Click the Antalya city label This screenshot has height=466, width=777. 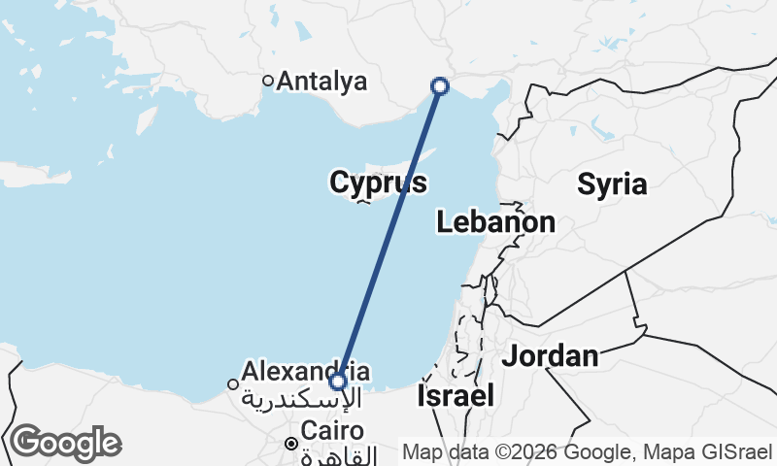click(x=321, y=82)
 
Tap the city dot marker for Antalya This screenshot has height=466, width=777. click(x=269, y=81)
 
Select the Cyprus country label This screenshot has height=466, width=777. click(x=378, y=183)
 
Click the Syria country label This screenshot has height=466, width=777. click(x=612, y=184)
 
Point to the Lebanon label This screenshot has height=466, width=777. click(x=495, y=222)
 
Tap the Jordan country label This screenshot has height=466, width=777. click(x=550, y=356)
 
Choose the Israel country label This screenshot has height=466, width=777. click(x=456, y=396)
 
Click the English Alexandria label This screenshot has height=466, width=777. click(x=305, y=371)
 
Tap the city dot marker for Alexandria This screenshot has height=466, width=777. click(x=233, y=384)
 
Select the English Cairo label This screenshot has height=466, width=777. click(x=332, y=430)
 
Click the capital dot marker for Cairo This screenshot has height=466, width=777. click(x=290, y=444)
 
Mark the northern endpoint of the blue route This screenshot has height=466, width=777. click(x=440, y=86)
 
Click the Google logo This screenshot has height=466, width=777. click(x=64, y=443)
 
